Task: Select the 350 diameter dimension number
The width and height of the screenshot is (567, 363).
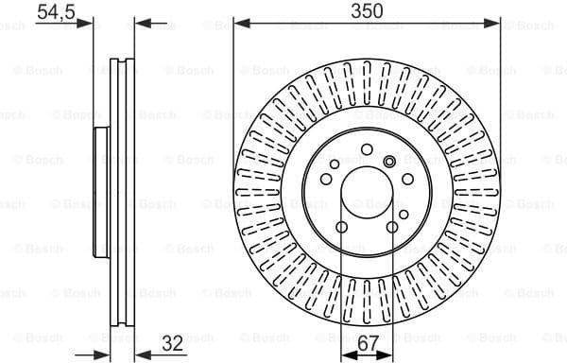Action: coord(366,11)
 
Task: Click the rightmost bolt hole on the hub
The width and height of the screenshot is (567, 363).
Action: coord(408,179)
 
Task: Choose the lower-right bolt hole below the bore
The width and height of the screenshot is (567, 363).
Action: coord(391,228)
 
